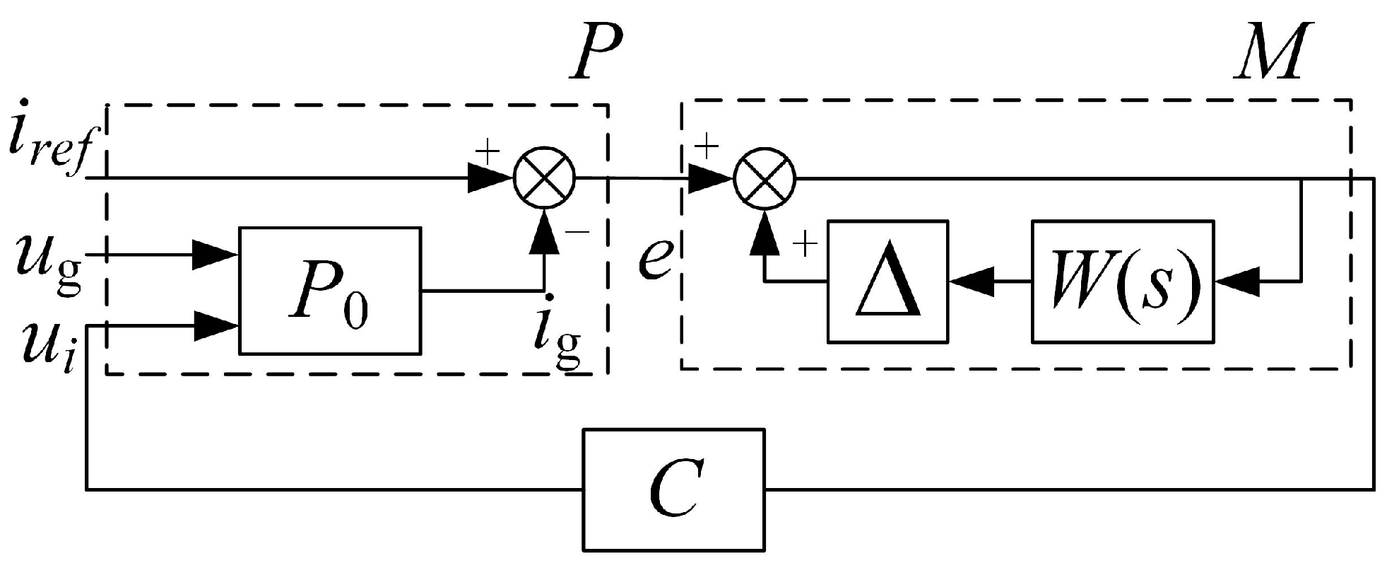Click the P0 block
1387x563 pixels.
(330, 290)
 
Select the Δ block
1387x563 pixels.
(888, 281)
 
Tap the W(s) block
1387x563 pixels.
(1123, 281)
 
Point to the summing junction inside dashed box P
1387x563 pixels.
(544, 178)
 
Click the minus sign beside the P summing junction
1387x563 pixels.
(577, 233)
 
